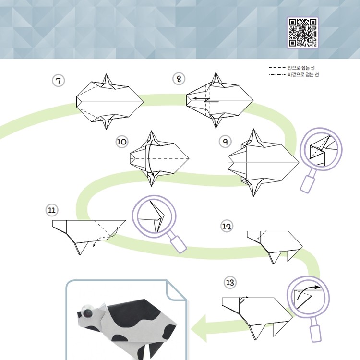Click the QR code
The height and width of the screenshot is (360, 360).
pos(302,33)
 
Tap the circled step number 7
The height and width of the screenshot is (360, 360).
pos(58,81)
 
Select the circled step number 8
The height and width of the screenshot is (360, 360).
pos(179,79)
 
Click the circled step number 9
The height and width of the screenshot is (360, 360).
pos(225,141)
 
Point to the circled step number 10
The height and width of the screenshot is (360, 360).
pos(122,142)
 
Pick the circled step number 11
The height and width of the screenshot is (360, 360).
pos(52,210)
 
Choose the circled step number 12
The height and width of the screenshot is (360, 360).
pos(227,226)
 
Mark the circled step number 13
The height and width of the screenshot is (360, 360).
pos(230,282)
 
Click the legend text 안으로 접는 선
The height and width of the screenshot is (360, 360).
pos(301,68)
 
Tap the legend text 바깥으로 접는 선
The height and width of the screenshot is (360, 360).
pos(303,74)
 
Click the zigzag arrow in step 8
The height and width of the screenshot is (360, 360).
pos(206,100)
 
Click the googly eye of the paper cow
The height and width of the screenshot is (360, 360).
pos(87,312)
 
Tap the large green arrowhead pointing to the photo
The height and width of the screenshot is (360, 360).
pos(199,328)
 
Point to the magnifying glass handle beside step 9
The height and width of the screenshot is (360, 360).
pos(307,184)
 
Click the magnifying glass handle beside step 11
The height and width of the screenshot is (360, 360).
pos(179,244)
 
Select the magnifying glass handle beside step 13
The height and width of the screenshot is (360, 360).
pos(316,333)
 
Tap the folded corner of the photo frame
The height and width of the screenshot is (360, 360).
pos(176,290)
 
